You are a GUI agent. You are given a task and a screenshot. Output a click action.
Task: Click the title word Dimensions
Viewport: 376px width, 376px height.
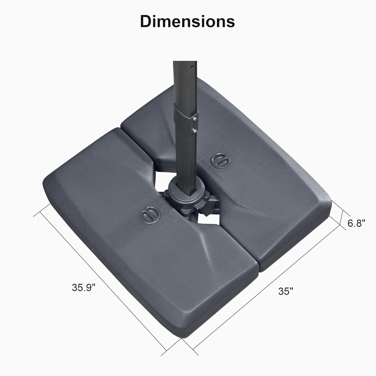[x=187, y=21]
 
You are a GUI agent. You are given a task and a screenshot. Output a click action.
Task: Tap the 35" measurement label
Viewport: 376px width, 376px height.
[x=286, y=291]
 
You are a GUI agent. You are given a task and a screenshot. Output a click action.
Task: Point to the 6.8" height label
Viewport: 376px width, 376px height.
[x=356, y=223]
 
